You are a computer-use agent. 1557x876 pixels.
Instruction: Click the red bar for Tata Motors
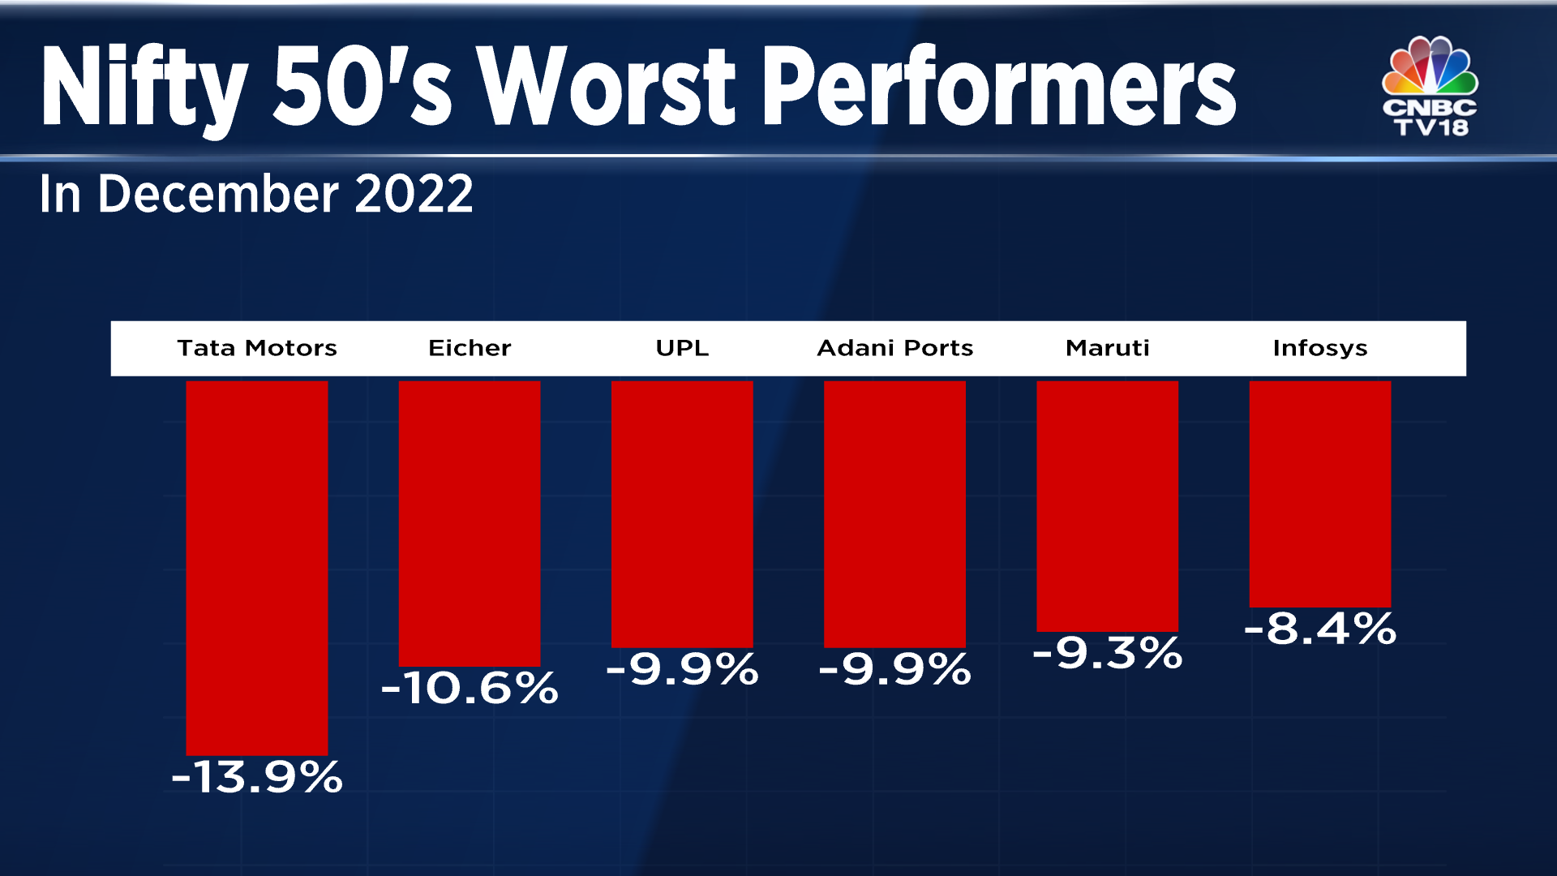click(256, 568)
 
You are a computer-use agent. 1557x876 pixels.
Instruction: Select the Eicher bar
click(469, 523)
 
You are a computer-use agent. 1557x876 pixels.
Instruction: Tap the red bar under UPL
click(682, 513)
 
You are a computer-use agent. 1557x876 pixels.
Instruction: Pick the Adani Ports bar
click(894, 513)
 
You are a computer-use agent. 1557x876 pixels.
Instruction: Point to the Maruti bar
click(1107, 505)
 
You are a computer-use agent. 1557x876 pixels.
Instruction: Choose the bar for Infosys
click(1319, 493)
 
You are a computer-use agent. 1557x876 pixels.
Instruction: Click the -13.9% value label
click(256, 777)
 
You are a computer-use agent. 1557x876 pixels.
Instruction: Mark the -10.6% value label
click(469, 688)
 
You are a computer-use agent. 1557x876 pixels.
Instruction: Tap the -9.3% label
click(1107, 653)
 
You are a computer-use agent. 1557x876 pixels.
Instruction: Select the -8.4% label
click(1319, 629)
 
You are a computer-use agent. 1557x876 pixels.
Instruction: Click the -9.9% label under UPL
click(682, 670)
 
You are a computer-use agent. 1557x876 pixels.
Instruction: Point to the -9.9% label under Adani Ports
click(894, 670)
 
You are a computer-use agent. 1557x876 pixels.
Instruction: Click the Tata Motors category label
click(256, 348)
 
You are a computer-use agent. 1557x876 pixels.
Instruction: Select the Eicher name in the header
click(469, 348)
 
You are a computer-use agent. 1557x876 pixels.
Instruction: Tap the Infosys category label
click(1319, 348)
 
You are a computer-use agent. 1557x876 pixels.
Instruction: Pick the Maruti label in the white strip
click(1107, 348)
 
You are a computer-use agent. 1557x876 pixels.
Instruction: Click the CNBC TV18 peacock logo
click(1430, 85)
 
